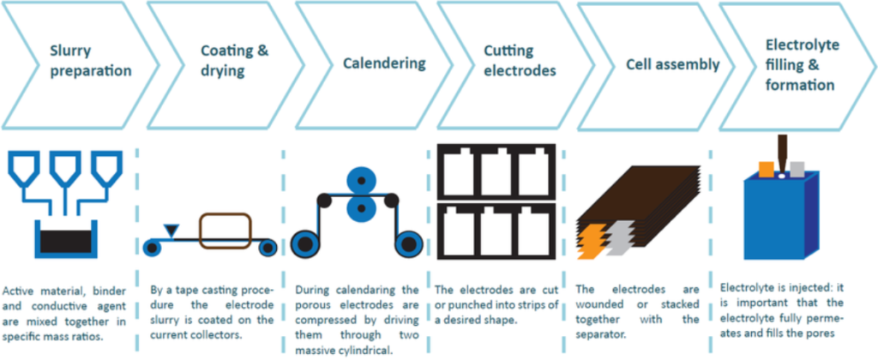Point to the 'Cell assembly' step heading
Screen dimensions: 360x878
click(672, 64)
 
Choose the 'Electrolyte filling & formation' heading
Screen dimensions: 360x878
click(802, 65)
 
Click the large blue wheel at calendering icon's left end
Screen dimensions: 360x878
click(306, 240)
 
